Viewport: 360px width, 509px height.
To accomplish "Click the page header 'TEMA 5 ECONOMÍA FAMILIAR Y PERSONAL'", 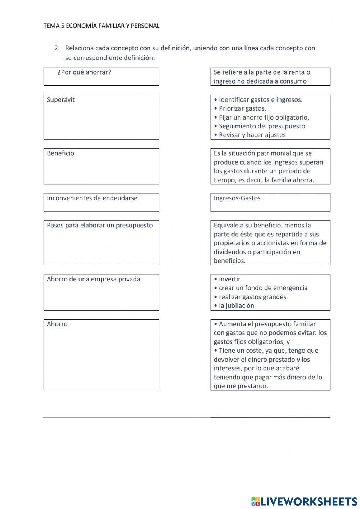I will point(101,26).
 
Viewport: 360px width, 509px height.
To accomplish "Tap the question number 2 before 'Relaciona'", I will point(57,48).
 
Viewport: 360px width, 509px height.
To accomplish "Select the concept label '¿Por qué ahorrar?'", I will point(84,72).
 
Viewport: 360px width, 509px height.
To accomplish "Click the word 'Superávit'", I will point(61,100).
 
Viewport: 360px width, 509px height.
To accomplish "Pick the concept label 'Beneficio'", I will point(60,153).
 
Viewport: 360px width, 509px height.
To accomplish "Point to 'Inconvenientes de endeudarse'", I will point(92,198).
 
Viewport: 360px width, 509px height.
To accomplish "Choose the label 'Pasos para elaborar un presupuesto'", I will point(100,226).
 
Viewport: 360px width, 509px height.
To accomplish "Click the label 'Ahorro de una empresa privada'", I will point(94,279).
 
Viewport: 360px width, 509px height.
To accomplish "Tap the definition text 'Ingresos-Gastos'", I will point(237,198).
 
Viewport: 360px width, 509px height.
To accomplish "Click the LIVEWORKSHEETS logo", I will point(304,501).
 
